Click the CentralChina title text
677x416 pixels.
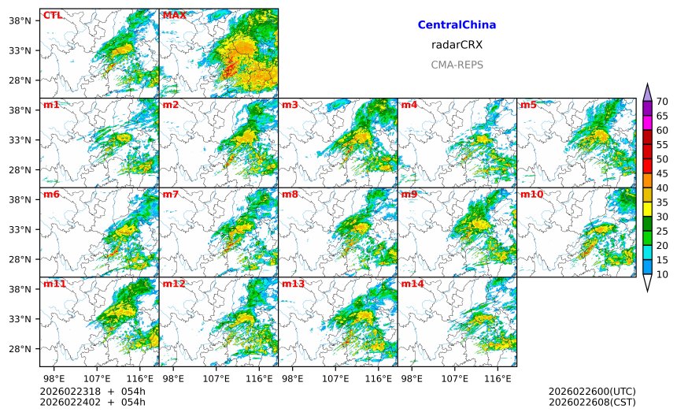457,25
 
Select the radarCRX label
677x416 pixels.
457,45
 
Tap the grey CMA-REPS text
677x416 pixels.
457,65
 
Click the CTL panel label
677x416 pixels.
52,15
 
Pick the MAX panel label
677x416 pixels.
174,15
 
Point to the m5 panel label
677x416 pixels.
528,105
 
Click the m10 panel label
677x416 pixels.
531,194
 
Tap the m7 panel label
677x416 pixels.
171,194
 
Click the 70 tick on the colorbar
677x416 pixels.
663,102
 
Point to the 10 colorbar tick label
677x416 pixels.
663,274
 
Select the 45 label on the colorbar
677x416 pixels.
663,173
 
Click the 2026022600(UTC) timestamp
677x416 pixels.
591,392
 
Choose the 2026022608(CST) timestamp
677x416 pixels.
591,402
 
